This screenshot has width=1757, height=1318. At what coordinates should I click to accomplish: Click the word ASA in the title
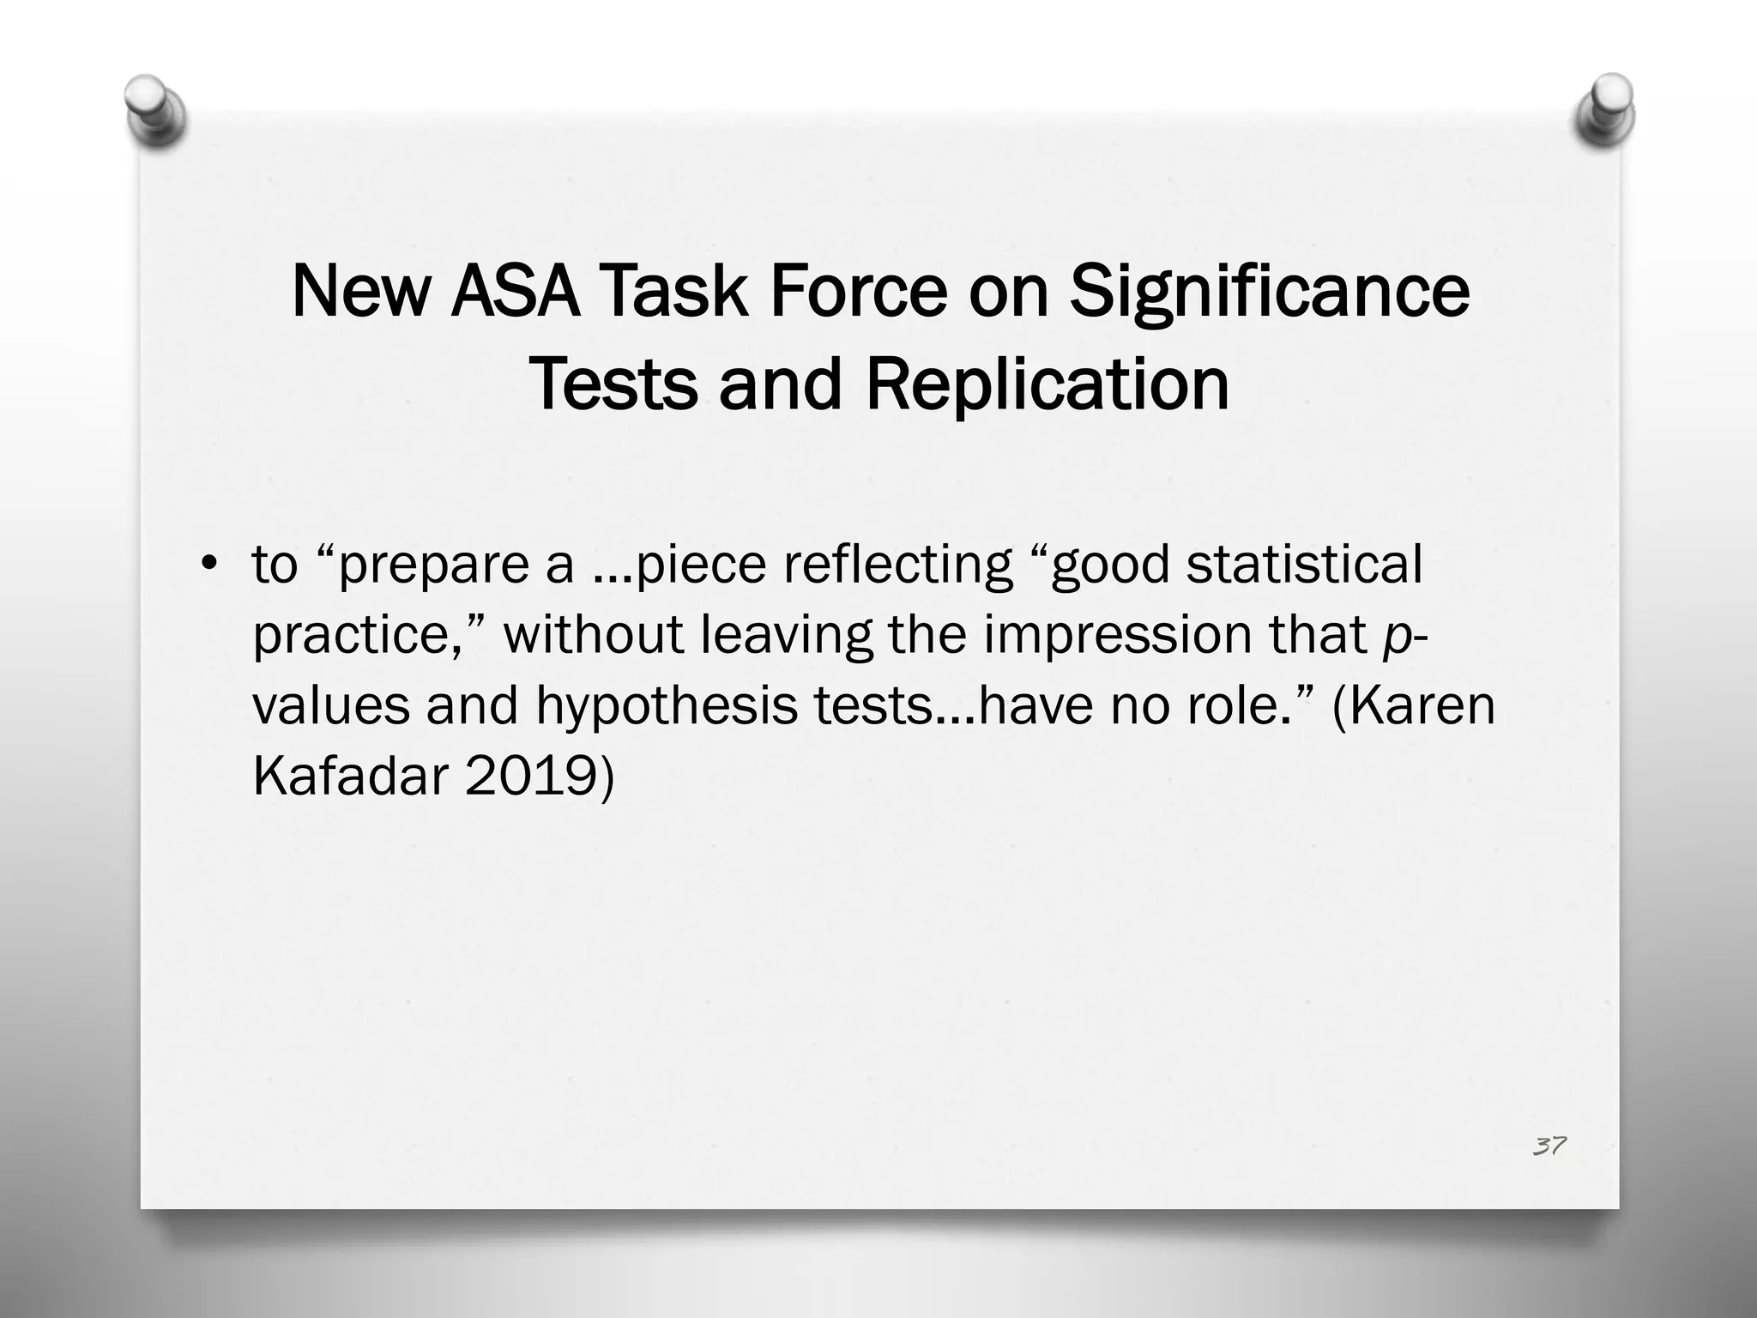point(514,292)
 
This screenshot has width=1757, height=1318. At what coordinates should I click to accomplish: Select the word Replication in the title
point(1048,385)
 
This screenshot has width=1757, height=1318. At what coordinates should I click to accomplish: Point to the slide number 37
point(1549,1146)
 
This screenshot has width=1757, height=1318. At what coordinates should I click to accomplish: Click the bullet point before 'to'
point(207,565)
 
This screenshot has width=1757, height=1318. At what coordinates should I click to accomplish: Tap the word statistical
point(1304,565)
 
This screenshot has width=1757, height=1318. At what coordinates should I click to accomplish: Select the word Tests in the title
point(613,385)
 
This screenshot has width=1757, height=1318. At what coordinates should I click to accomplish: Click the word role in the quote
point(1241,704)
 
